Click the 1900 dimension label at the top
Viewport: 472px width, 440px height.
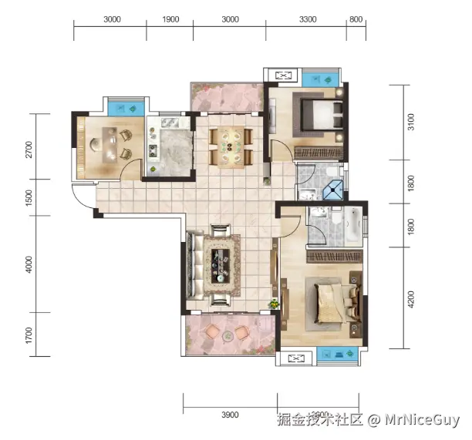171,20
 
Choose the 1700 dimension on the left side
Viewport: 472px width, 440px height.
29,335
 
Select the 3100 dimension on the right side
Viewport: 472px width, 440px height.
411,123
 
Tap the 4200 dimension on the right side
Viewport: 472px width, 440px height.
411,298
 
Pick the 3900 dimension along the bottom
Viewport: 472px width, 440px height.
229,415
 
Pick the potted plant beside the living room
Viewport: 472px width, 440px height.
274,305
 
